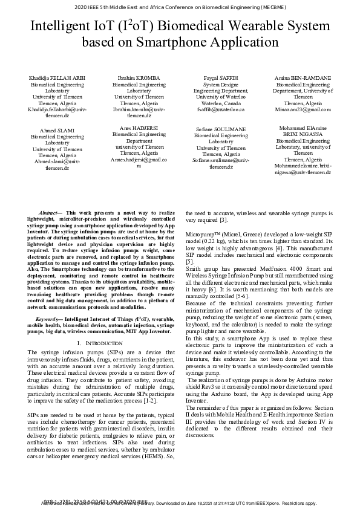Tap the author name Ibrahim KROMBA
pyautogui.click(x=139, y=79)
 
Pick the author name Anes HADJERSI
pyautogui.click(x=139, y=128)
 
